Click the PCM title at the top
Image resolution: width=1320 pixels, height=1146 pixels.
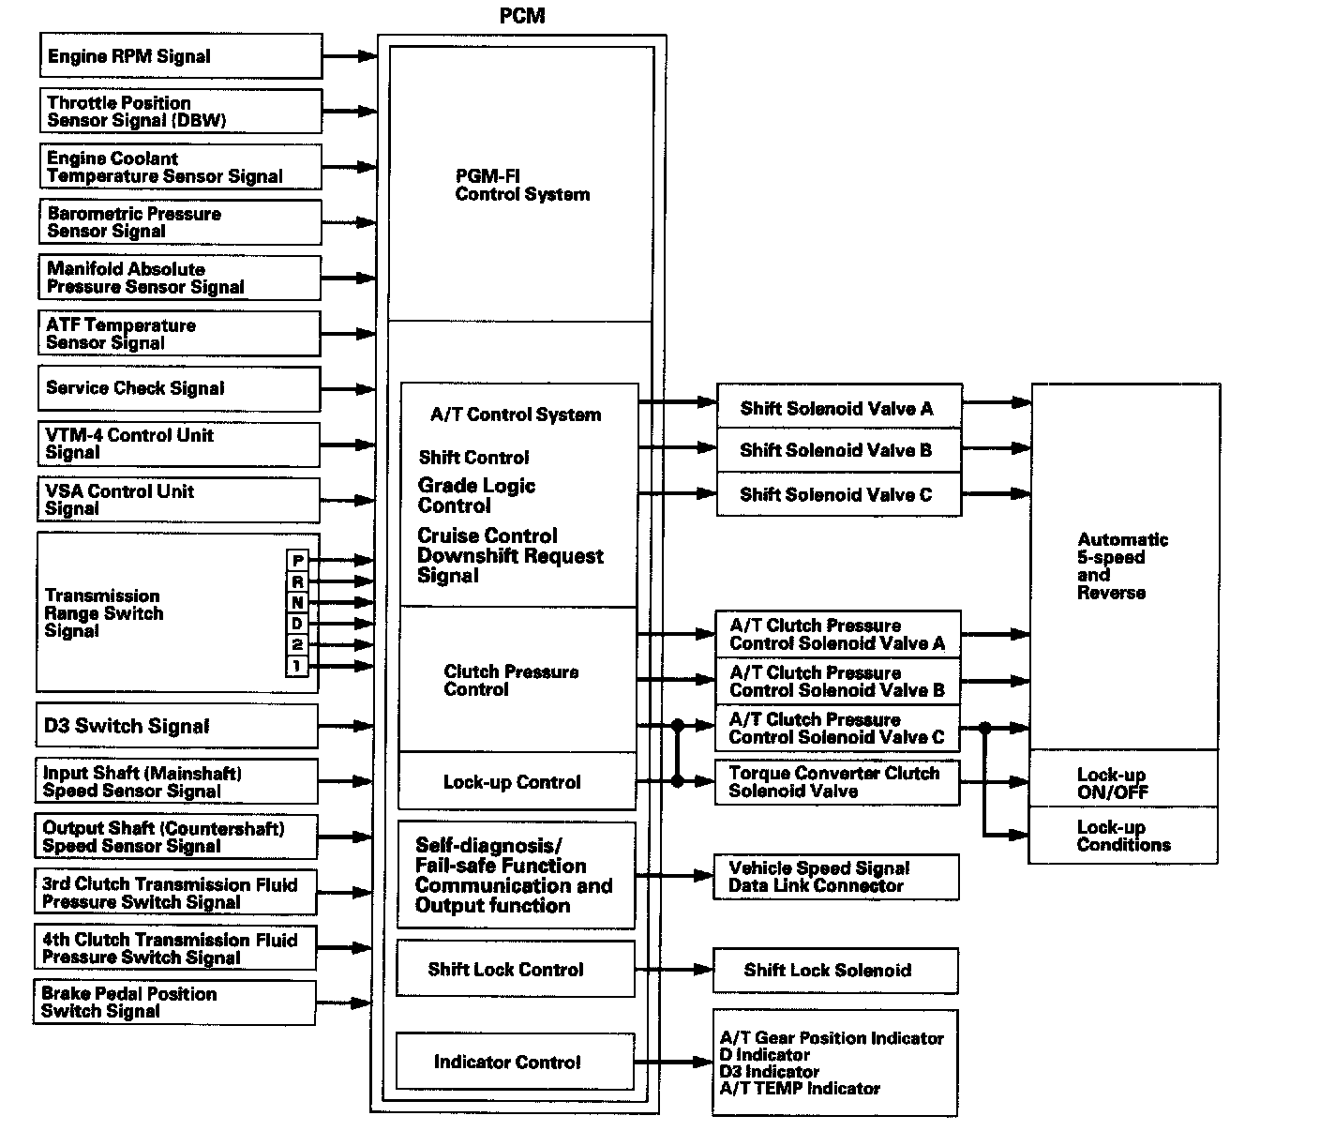(522, 16)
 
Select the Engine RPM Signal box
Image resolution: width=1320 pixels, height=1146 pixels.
(181, 56)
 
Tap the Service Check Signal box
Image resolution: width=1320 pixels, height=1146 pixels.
(179, 388)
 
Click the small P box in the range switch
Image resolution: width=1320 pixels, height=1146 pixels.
(297, 560)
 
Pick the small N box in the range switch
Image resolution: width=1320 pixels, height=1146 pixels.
(297, 603)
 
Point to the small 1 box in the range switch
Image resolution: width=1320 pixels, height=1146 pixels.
(297, 666)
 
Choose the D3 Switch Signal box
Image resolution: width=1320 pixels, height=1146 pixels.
(177, 726)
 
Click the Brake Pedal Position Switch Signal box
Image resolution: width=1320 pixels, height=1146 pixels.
(174, 1003)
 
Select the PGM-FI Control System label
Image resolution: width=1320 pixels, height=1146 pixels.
(522, 185)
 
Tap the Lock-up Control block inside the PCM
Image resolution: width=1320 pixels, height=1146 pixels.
(517, 781)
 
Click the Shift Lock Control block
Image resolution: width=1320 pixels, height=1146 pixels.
(516, 969)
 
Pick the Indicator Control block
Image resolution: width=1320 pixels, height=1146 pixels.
(515, 1062)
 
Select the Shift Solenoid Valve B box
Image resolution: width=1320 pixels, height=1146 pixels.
(839, 450)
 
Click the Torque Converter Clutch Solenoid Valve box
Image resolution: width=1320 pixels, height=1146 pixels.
(837, 782)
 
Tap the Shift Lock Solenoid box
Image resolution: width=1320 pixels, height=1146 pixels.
(835, 971)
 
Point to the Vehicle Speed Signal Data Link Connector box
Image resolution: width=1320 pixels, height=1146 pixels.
(836, 877)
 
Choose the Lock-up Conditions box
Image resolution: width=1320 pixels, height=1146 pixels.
(1123, 835)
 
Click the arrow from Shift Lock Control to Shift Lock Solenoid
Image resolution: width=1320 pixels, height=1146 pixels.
(674, 969)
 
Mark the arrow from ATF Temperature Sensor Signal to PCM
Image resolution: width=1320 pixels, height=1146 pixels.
(349, 334)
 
